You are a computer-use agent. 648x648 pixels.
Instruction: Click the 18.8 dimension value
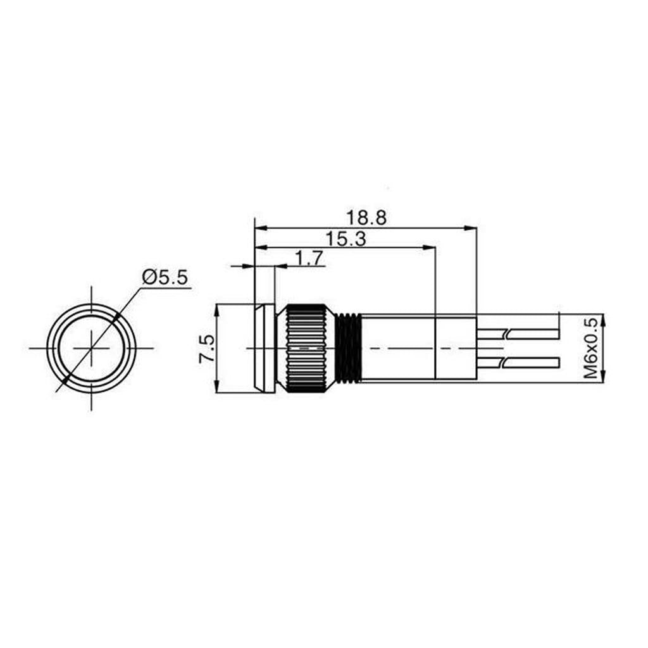point(366,218)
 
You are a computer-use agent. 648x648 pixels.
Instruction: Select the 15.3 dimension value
point(346,239)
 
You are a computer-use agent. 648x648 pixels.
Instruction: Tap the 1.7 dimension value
point(309,259)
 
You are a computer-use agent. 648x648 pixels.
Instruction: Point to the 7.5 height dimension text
point(207,349)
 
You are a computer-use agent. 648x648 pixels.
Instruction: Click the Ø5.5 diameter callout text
point(165,278)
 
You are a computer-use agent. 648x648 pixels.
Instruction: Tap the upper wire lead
point(518,334)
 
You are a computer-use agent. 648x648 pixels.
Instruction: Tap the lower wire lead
point(518,363)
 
